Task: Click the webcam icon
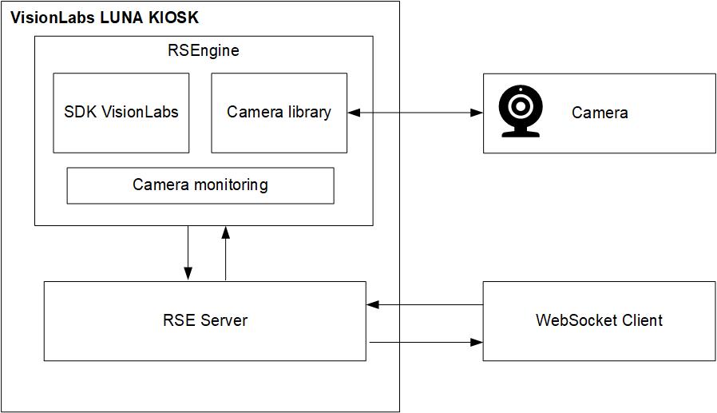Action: [x=520, y=112]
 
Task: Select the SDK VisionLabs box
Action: [x=121, y=113]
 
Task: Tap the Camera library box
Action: [x=279, y=113]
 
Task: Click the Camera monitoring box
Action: [x=200, y=185]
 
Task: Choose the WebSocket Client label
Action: [x=599, y=320]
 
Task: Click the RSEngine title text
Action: [x=203, y=51]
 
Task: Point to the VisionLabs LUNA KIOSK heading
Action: [x=104, y=18]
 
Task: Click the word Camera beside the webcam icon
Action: [x=600, y=113]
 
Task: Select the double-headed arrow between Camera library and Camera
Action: [x=415, y=113]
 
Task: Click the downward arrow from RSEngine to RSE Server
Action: [x=188, y=252]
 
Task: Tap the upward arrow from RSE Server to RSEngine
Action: [x=225, y=252]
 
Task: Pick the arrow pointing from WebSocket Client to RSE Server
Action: [x=425, y=304]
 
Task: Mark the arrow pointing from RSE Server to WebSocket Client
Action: [x=425, y=343]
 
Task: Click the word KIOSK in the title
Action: [x=172, y=18]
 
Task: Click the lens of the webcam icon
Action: [x=520, y=105]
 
